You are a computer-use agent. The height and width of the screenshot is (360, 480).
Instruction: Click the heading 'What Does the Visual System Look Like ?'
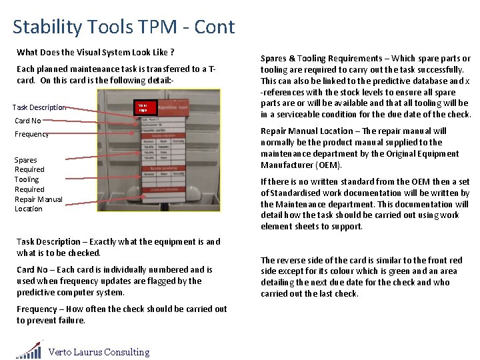pos(95,52)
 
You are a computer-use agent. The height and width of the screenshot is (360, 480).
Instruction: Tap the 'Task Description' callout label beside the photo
pos(39,107)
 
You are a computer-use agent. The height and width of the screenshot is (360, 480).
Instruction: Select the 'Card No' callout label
pos(27,121)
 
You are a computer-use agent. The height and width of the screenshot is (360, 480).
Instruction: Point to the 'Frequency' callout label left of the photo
pos(31,134)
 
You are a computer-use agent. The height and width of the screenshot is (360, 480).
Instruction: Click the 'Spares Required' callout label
pos(29,165)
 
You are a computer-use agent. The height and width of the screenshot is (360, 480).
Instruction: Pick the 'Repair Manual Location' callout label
pos(38,203)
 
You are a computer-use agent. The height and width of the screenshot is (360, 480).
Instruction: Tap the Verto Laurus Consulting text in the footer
pos(99,352)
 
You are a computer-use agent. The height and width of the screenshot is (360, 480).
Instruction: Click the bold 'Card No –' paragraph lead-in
pos(38,270)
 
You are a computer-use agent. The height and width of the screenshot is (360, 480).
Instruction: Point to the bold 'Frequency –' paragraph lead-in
pos(41,309)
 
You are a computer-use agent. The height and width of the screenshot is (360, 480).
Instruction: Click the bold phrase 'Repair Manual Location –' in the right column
pos(311,131)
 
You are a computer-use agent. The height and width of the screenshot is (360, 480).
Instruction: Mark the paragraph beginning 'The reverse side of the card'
pos(360,277)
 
